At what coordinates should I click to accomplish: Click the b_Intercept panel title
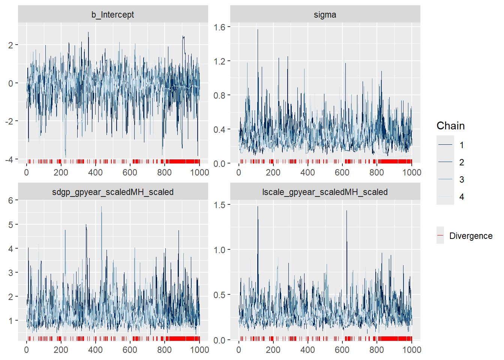112,15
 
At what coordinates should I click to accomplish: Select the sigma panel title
325,15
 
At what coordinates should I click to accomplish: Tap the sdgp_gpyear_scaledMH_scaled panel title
112,192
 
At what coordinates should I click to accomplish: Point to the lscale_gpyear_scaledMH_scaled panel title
325,192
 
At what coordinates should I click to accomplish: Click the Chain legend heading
450,126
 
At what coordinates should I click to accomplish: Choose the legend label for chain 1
462,145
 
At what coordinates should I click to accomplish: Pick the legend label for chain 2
462,162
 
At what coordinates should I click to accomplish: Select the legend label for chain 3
462,180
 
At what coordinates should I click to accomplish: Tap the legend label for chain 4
462,197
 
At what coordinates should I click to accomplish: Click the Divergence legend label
471,236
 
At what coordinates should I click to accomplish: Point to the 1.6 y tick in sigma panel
219,27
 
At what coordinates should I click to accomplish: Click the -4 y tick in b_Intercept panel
9,159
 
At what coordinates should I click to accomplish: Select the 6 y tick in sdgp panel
11,201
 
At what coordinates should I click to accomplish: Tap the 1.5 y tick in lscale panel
219,205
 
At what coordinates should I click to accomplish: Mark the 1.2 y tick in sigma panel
219,61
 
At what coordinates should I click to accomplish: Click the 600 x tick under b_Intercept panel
130,172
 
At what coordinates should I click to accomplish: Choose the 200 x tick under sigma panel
273,172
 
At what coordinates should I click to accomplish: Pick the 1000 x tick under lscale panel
411,350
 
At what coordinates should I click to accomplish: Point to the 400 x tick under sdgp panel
95,350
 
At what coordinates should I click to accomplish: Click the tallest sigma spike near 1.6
258,30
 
